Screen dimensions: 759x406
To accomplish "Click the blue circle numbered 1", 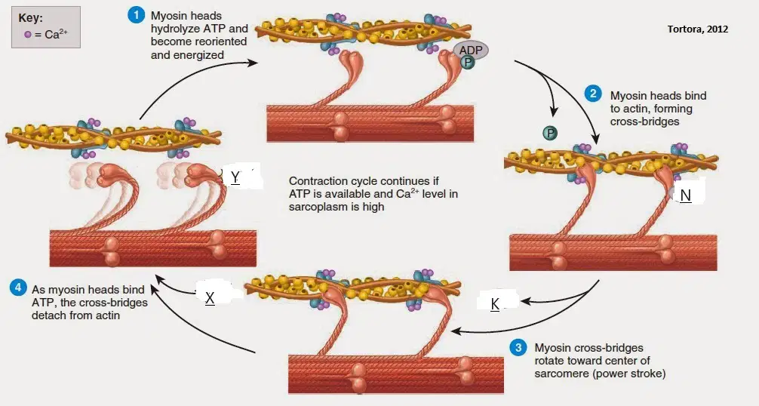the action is (x=137, y=15).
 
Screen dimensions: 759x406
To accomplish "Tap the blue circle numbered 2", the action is (x=593, y=94).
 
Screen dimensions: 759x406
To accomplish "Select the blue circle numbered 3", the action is (x=518, y=347).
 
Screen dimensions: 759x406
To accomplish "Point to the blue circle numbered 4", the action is (x=18, y=288).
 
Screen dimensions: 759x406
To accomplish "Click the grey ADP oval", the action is (x=471, y=51).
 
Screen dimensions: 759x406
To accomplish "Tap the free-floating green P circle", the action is (x=549, y=133).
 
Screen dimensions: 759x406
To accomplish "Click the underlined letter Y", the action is (x=235, y=177).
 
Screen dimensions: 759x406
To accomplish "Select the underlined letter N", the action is (x=685, y=195).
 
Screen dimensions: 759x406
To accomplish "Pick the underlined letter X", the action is (x=210, y=298).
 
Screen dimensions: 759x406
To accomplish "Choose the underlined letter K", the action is (x=495, y=304).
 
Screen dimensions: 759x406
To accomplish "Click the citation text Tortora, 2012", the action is (x=698, y=29).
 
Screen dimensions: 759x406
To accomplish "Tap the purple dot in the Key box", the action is (x=28, y=35).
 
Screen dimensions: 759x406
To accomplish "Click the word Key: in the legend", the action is (x=30, y=18).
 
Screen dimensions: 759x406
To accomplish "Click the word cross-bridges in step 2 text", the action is (x=644, y=121).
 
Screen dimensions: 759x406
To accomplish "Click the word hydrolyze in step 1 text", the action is (x=174, y=29).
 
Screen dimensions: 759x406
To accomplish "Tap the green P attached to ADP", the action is (x=468, y=62).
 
